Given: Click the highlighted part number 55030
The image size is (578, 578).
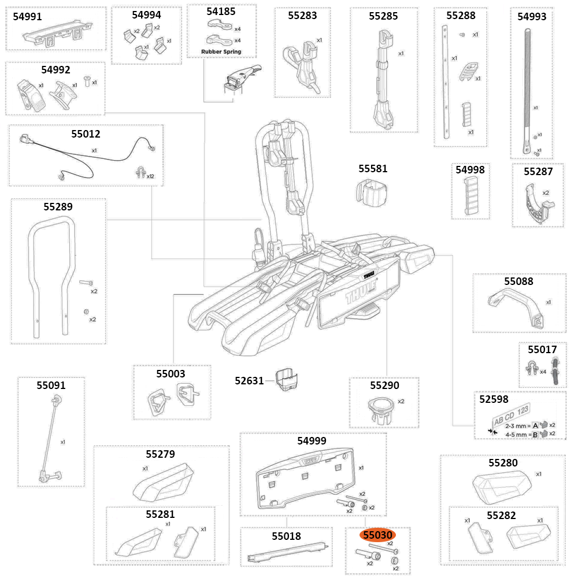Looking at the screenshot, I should click(x=377, y=536).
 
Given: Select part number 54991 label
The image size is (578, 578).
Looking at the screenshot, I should click(x=27, y=17).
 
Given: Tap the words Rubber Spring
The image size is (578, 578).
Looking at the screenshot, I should click(x=221, y=51).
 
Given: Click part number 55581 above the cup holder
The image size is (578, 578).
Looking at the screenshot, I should click(x=373, y=169).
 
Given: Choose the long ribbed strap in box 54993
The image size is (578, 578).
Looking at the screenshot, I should click(x=528, y=87).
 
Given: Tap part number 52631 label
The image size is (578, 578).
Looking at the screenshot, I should click(x=249, y=380).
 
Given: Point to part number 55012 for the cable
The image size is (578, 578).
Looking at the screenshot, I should click(x=86, y=134).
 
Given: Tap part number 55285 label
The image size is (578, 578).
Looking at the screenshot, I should click(x=383, y=16).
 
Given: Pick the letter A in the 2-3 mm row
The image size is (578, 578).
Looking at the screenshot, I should click(x=535, y=425).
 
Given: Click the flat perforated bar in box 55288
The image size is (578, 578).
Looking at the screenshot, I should click(x=447, y=81).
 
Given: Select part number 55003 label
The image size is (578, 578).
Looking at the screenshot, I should click(x=171, y=374).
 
